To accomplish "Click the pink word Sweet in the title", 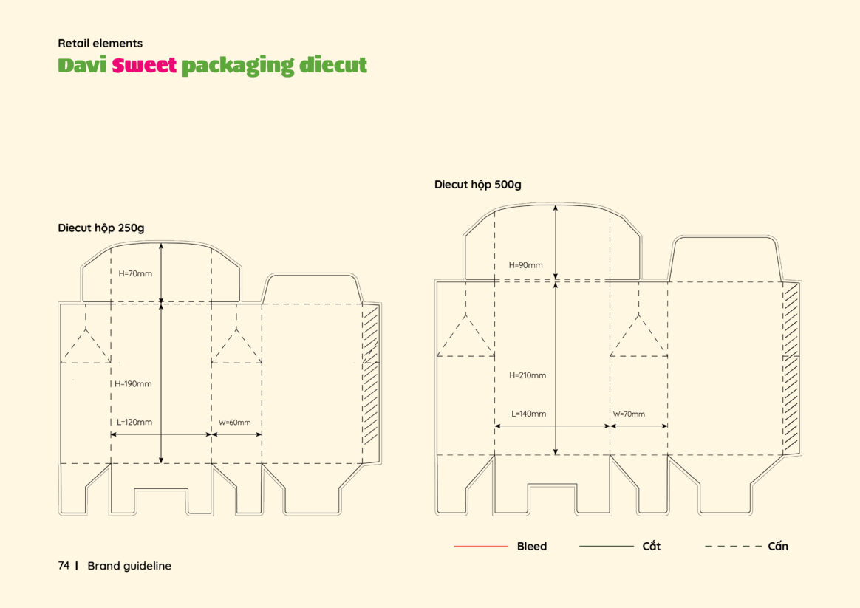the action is point(144,65).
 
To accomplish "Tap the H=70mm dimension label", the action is point(135,273).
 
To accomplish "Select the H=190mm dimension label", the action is point(133,383).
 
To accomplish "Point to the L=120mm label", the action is point(134,422).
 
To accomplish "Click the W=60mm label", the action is point(235,423).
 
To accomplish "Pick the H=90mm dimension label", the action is point(525,265).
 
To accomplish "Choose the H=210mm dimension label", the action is point(528,375).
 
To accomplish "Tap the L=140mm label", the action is point(529,414).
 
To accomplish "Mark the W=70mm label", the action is point(629,414).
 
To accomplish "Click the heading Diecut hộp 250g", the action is point(101,228).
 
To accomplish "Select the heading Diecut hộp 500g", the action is point(478,185).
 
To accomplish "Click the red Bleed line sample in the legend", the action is point(481,546).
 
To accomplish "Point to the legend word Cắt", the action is point(651,545).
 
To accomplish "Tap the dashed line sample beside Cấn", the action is point(733,546).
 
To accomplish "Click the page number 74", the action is point(64,566).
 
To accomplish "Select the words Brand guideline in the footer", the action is point(129,566).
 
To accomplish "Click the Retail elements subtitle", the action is point(100,44).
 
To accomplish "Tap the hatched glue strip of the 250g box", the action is point(371,375).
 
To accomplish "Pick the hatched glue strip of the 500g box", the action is point(791,367).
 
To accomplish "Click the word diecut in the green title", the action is point(333,65).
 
